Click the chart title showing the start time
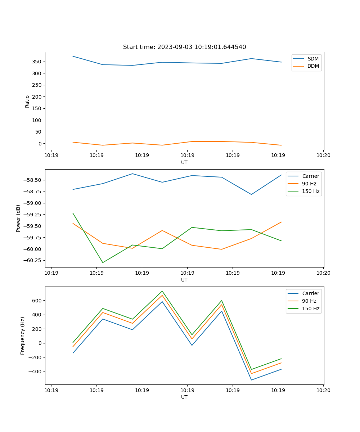184,47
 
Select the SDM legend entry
313,59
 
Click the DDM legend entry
313,66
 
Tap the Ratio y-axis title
27,101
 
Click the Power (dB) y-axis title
18,218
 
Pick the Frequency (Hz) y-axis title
23,336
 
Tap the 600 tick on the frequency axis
37,300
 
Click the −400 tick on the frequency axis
36,372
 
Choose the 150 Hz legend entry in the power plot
310,191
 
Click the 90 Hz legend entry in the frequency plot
309,301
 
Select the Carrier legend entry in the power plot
310,176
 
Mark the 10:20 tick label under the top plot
323,156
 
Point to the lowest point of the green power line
103,262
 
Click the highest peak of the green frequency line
162,291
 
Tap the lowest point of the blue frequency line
251,380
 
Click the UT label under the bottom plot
184,397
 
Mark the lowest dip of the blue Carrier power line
251,194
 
